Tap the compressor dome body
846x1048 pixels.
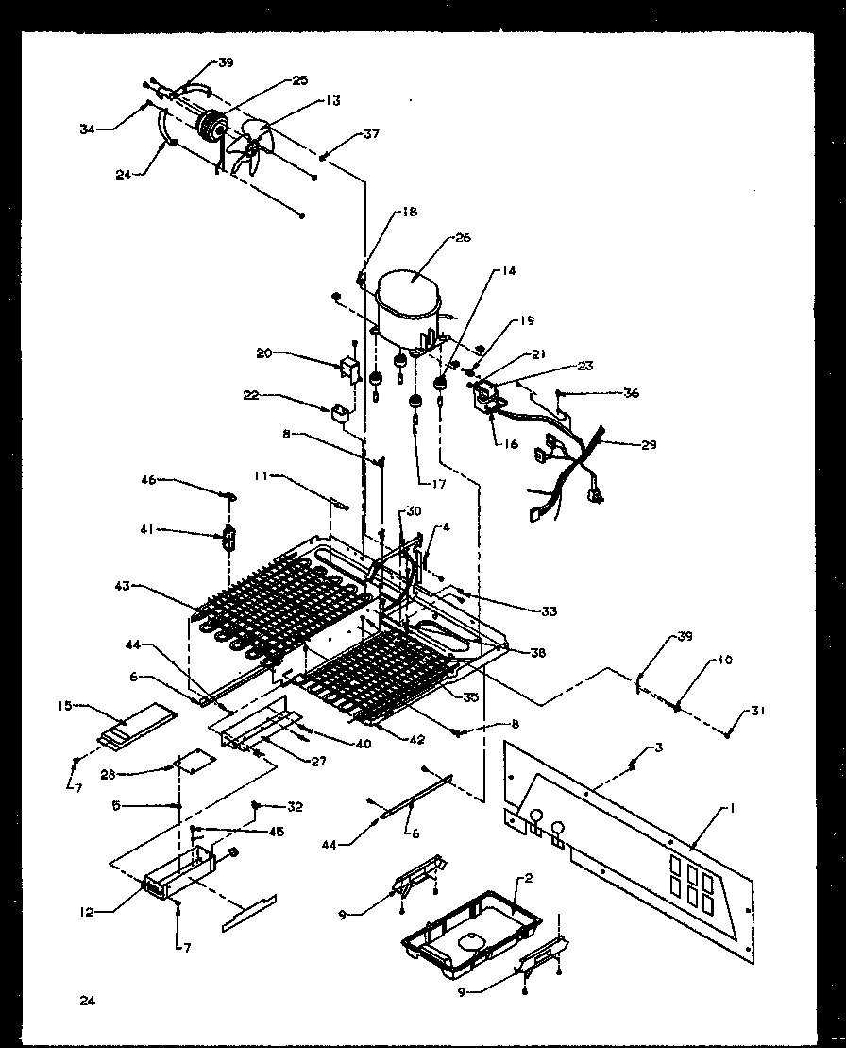[407, 293]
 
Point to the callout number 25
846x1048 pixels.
[299, 81]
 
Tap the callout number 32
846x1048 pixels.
[295, 806]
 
